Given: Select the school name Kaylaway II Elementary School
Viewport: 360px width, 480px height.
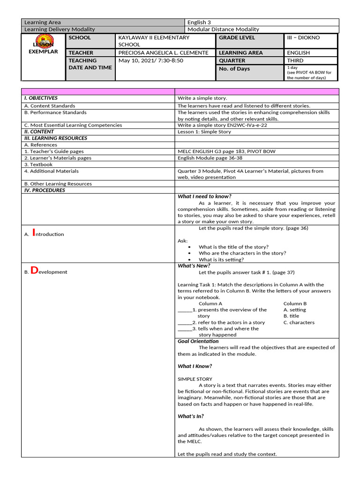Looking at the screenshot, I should pyautogui.click(x=154, y=41).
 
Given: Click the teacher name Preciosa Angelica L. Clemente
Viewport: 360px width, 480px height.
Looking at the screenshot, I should pyautogui.click(x=164, y=53).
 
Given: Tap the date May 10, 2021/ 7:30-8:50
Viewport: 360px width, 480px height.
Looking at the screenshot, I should pyautogui.click(x=150, y=60).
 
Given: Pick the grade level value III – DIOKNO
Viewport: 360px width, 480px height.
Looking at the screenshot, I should pyautogui.click(x=305, y=37).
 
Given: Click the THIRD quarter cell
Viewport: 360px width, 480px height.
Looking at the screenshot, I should pyautogui.click(x=295, y=60).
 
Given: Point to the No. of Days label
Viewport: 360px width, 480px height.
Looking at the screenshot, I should pyautogui.click(x=234, y=69).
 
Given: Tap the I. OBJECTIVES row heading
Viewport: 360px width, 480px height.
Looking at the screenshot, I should pyautogui.click(x=41, y=98).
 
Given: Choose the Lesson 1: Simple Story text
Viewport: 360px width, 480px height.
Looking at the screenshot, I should pyautogui.click(x=204, y=132).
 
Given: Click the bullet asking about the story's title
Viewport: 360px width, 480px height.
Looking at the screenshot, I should pyautogui.click(x=233, y=247).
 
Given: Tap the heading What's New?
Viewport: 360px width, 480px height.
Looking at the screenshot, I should pyautogui.click(x=194, y=266).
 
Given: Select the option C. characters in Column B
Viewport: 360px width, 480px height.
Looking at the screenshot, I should pyautogui.click(x=299, y=322).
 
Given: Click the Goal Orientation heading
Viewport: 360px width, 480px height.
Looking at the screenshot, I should pyautogui.click(x=198, y=341).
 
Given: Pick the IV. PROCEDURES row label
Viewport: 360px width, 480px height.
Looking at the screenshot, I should pyautogui.click(x=45, y=190).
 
